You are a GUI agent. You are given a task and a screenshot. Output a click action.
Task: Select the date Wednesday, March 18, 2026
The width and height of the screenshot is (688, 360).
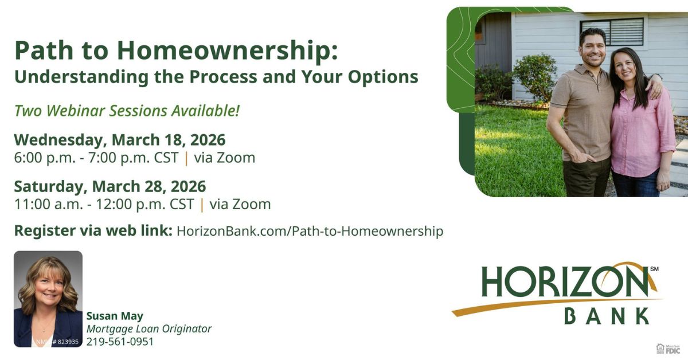[120, 140]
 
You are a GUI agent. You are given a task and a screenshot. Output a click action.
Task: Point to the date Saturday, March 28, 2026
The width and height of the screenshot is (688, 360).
[110, 186]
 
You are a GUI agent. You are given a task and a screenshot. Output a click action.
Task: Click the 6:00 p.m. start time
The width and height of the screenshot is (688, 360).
[45, 158]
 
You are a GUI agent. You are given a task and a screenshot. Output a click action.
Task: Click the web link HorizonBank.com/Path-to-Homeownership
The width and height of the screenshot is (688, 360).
[310, 231]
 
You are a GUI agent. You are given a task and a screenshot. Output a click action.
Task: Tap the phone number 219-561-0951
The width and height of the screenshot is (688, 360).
[120, 342]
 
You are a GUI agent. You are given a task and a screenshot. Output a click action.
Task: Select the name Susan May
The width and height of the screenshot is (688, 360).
[115, 316]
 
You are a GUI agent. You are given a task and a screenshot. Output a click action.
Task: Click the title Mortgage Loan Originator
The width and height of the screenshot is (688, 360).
[149, 329]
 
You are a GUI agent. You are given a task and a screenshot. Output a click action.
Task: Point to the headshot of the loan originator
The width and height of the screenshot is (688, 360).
[48, 292]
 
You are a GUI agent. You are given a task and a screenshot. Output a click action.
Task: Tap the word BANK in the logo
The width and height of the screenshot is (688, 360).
[607, 316]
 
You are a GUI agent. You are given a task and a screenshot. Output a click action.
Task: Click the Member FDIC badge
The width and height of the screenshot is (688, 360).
[668, 349]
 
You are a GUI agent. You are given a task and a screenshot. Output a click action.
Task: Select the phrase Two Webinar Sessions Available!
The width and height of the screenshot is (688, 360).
[127, 111]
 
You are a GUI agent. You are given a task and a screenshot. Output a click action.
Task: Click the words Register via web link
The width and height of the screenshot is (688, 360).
[93, 231]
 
